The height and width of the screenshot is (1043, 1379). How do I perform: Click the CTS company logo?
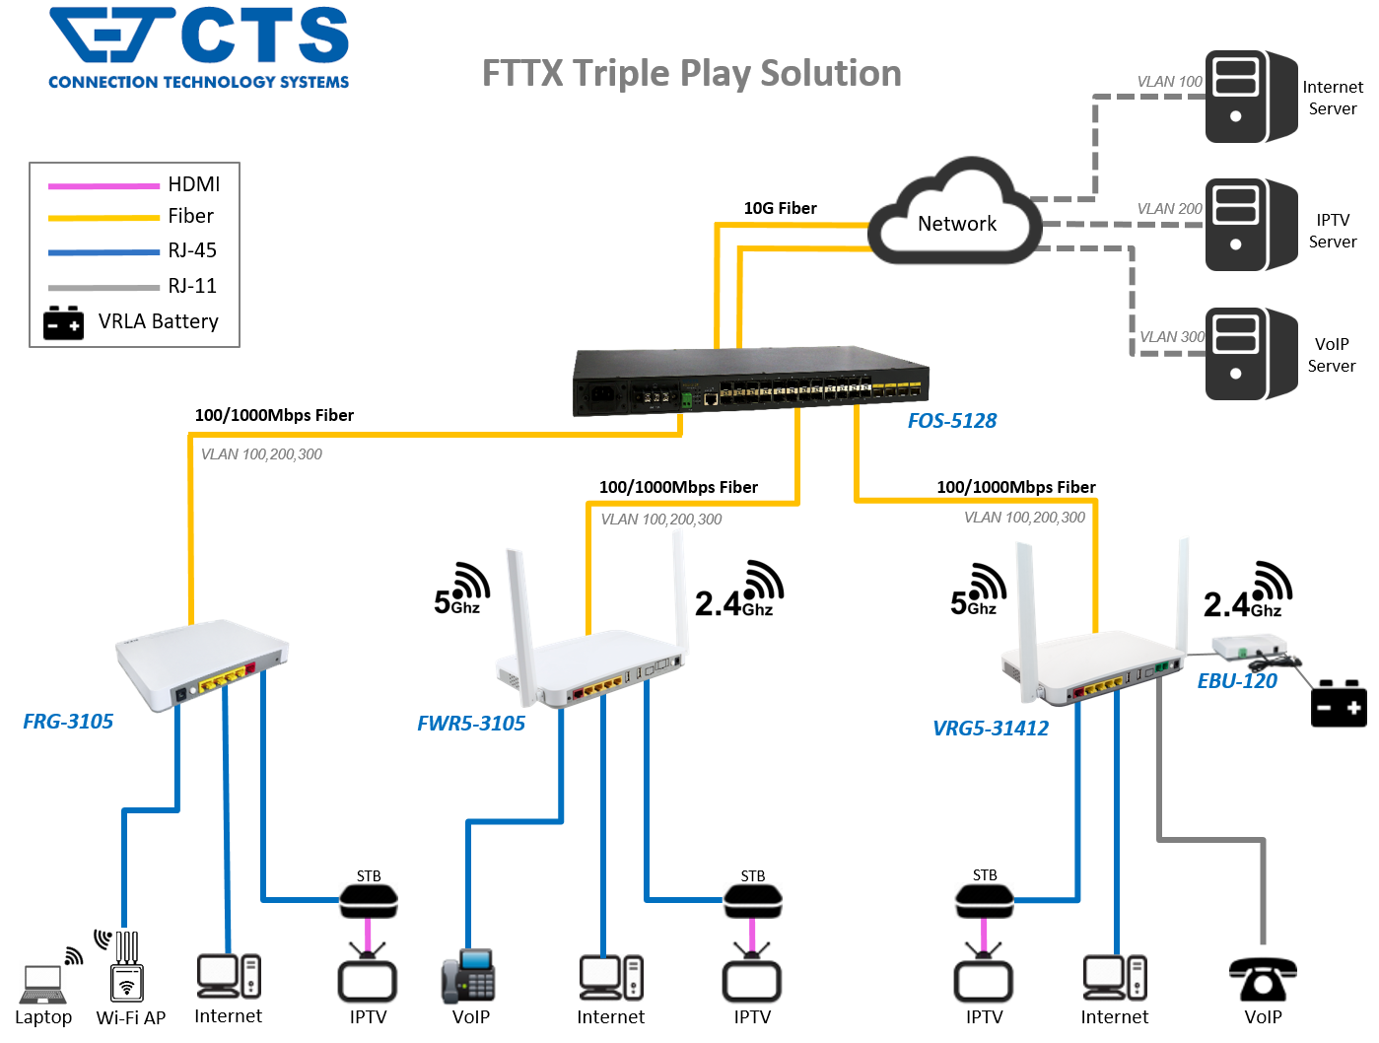pos(195,47)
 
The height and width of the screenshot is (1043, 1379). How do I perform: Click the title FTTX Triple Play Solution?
pos(691,74)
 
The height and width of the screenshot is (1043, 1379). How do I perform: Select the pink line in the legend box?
pos(104,185)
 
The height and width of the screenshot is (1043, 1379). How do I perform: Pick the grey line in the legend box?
pos(104,288)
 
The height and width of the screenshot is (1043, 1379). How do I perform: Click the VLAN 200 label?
pos(1169,209)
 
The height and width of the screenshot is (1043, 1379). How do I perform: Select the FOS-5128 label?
pos(951,421)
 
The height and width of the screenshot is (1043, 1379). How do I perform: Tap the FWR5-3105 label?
pos(470,724)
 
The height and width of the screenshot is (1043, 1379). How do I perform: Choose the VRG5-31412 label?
pos(990,729)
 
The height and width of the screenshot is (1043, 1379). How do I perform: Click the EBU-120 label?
pos(1236,681)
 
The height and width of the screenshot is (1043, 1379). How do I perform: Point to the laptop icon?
pos(43,984)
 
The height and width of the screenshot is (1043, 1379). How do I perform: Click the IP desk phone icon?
pos(468,976)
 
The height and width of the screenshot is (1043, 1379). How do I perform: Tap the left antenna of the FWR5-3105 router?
pos(519,621)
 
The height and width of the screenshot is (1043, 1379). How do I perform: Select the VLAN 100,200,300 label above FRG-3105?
pos(261,454)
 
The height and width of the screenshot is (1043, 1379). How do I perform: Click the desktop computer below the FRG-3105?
pos(229,976)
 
